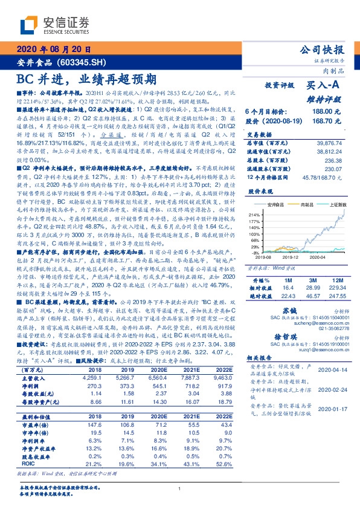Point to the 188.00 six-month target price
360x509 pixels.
[330, 112]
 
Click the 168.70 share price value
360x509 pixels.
[330, 121]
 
